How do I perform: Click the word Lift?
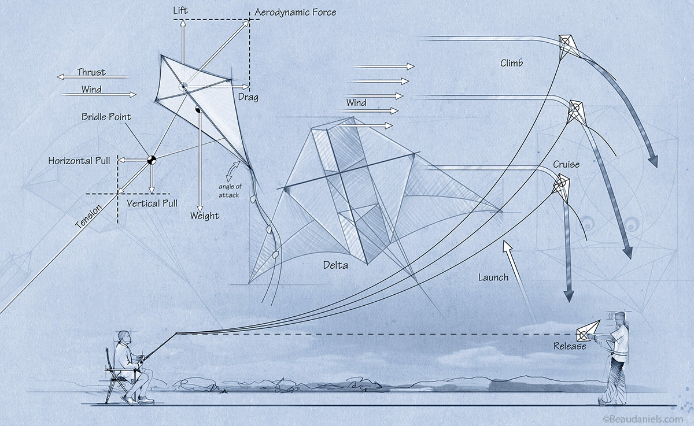pos(180,11)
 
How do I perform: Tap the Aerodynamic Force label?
pos(295,12)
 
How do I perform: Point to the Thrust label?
pos(91,72)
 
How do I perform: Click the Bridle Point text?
pos(106,117)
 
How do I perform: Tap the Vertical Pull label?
pos(152,203)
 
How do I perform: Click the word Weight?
pos(205,216)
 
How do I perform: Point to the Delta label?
pos(336,265)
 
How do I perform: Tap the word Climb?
pos(511,63)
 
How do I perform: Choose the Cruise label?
pos(566,165)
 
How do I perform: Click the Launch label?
pos(493,277)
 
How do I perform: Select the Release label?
pos(570,346)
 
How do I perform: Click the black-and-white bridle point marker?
pos(151,160)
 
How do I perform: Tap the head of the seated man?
pos(123,336)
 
